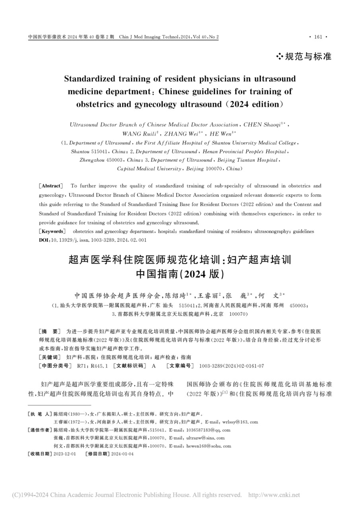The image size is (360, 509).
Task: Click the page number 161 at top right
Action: click(x=318, y=37)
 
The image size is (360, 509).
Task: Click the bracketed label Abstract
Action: click(x=51, y=186)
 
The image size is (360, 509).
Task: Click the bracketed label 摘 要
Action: click(x=49, y=331)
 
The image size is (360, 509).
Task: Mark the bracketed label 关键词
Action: click(x=50, y=357)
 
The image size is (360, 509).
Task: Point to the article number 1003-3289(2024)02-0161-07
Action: click(x=229, y=365)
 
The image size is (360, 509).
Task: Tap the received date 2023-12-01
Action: click(x=64, y=454)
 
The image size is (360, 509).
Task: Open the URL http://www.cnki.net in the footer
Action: click(x=274, y=495)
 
